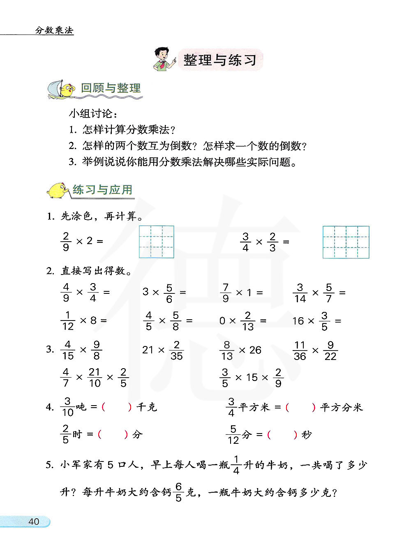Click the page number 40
point(34,521)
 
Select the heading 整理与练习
point(220,60)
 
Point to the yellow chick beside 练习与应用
point(59,190)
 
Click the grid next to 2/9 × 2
point(156,242)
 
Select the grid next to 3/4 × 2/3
point(346,242)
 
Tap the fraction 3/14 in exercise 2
point(300,293)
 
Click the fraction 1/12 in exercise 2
point(68,321)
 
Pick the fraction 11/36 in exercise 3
point(300,351)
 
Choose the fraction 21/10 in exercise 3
point(95,378)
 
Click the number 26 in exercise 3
point(255,350)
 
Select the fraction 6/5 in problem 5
point(178,492)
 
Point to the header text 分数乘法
point(54,30)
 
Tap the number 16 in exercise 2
point(298,321)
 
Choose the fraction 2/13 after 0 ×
point(247,321)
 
